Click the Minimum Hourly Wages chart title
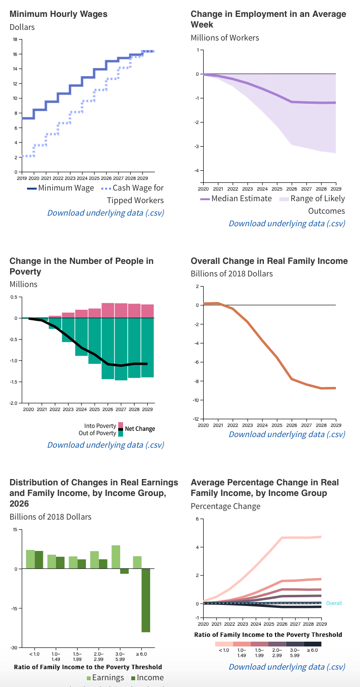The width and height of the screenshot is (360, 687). tap(58, 14)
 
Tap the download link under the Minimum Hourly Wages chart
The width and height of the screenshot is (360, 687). tap(106, 213)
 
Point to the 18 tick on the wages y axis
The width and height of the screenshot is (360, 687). tap(15, 39)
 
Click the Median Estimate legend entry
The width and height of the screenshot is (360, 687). tap(236, 198)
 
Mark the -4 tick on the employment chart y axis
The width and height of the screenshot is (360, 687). tap(197, 170)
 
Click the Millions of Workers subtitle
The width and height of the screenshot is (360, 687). tap(225, 38)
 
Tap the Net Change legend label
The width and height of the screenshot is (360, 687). tap(140, 429)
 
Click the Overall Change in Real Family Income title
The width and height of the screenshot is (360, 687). tap(269, 261)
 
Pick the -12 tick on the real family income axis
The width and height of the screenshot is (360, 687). tap(195, 419)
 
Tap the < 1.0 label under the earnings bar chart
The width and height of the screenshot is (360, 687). tap(34, 654)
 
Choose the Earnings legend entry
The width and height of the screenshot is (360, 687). tap(105, 678)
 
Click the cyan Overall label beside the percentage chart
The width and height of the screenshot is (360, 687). tap(334, 603)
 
